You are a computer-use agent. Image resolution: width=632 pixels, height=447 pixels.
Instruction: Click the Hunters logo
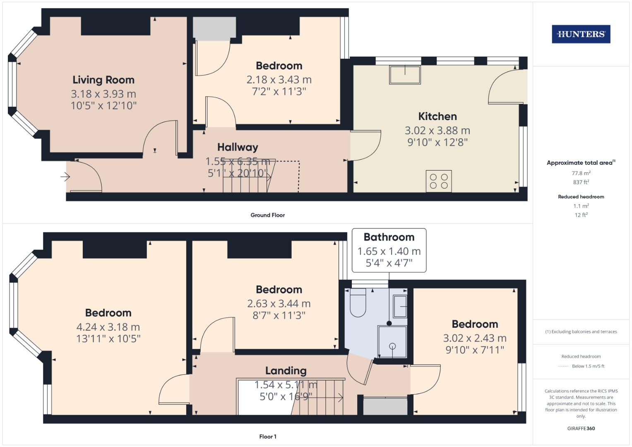pos(581,34)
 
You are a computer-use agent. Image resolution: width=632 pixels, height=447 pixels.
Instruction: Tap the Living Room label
pos(103,80)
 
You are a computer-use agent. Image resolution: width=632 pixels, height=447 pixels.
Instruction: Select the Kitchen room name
pos(437,116)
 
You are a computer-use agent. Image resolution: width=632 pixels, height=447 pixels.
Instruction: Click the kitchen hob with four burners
pos(439,181)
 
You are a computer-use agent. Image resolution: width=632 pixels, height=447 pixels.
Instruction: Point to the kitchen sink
pos(405,75)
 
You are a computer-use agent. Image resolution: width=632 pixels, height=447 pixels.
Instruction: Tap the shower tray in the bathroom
pos(392,342)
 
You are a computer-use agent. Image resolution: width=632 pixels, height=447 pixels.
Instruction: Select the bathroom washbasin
pos(400,307)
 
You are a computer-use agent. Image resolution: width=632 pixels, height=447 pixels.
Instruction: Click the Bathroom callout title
pos(389,237)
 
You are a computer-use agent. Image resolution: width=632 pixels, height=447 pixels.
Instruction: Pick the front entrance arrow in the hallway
pos(65,177)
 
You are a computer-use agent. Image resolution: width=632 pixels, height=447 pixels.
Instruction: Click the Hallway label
pos(238,147)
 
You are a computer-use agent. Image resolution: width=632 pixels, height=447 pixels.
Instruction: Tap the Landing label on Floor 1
pos(286,371)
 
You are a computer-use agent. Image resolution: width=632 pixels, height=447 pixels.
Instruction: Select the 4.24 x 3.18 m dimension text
pos(108,327)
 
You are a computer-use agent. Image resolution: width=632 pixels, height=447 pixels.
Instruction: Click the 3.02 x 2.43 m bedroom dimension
pos(475,338)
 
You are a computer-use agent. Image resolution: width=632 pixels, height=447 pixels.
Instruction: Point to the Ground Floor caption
pos(267,215)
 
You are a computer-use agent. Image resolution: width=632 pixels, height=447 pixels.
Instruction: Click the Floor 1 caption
pos(267,437)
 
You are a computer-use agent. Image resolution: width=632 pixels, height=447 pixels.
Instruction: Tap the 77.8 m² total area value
pos(581,173)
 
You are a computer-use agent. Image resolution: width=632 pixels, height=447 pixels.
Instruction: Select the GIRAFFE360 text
pos(581,429)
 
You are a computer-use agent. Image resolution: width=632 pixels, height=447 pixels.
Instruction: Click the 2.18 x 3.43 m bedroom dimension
pos(279,79)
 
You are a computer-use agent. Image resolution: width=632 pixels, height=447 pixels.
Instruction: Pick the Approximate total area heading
pos(580,163)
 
